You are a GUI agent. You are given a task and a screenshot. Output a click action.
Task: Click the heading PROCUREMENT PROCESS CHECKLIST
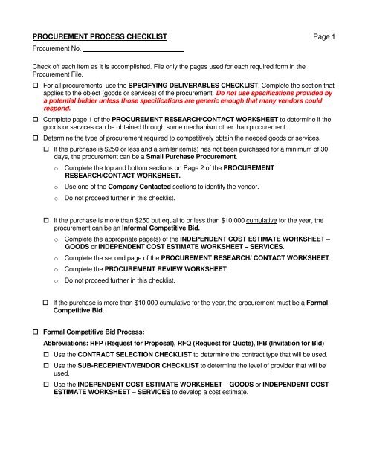click(x=102, y=36)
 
